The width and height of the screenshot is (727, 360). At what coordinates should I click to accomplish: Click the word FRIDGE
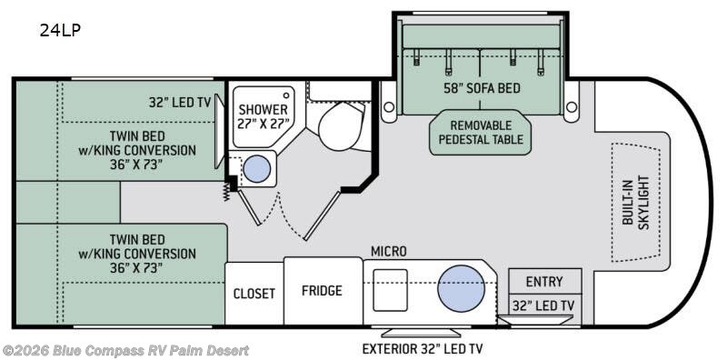click(322, 291)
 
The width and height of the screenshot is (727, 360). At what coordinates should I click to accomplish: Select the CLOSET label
click(254, 294)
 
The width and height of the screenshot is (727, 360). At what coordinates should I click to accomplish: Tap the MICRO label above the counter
click(388, 250)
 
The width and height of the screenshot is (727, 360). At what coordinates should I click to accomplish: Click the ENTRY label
click(543, 282)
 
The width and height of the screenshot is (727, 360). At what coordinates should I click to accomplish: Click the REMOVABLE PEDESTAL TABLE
click(480, 132)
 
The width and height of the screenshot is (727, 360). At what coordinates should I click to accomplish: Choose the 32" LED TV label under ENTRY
click(543, 305)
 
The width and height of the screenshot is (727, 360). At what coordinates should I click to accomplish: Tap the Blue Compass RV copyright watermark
click(125, 350)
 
